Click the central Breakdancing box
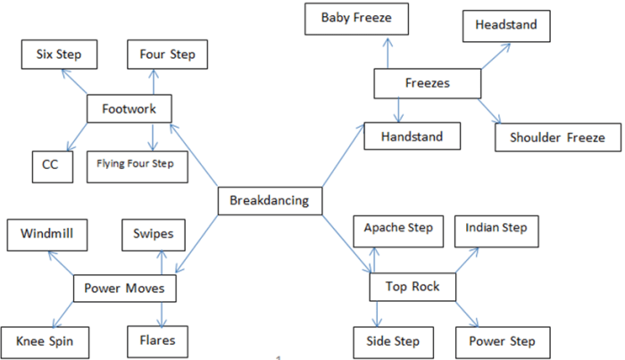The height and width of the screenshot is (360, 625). click(269, 201)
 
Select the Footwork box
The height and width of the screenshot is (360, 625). click(129, 109)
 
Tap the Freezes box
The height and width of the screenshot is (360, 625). click(427, 84)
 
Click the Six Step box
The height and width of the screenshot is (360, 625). click(59, 55)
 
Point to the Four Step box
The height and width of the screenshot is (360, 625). click(167, 55)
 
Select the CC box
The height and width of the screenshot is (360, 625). click(51, 165)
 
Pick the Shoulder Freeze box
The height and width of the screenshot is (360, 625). click(557, 138)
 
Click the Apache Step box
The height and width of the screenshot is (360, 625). click(398, 229)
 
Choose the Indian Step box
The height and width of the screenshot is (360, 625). click(496, 229)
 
